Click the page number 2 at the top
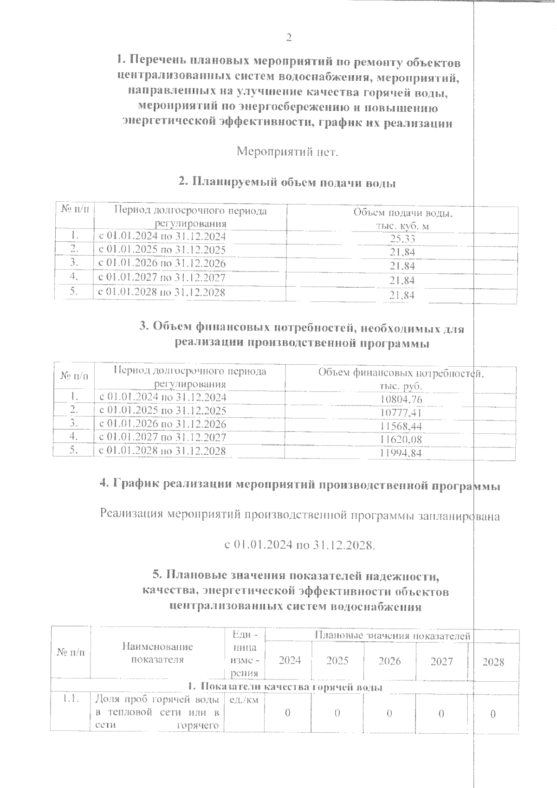click(x=288, y=38)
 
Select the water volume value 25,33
click(x=402, y=239)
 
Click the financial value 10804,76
click(x=401, y=399)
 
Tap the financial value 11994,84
click(x=401, y=453)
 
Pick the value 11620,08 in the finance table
click(x=401, y=439)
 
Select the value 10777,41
click(x=401, y=413)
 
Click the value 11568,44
click(x=401, y=426)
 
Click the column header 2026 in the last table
click(x=389, y=661)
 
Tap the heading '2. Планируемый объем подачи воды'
click(x=287, y=183)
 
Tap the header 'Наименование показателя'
click(x=157, y=653)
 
